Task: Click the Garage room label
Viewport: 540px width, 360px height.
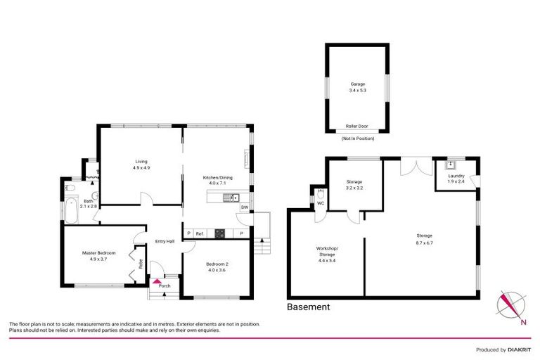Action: click(x=357, y=86)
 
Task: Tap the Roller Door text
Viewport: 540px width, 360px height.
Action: click(x=357, y=127)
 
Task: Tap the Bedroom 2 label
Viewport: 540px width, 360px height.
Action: click(x=216, y=266)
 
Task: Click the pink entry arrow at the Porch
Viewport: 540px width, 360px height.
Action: click(x=156, y=281)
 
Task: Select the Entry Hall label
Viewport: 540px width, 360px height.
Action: click(x=165, y=243)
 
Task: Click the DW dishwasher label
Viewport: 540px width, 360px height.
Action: click(x=244, y=207)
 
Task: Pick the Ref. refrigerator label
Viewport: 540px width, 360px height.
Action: click(x=200, y=233)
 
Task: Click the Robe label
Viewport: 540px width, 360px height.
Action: click(x=141, y=264)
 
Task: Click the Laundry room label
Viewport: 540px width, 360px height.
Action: click(x=456, y=179)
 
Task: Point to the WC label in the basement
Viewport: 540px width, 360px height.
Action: click(x=320, y=203)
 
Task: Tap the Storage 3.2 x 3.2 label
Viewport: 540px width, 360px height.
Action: click(x=354, y=185)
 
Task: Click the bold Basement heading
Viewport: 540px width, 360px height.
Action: click(x=308, y=307)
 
